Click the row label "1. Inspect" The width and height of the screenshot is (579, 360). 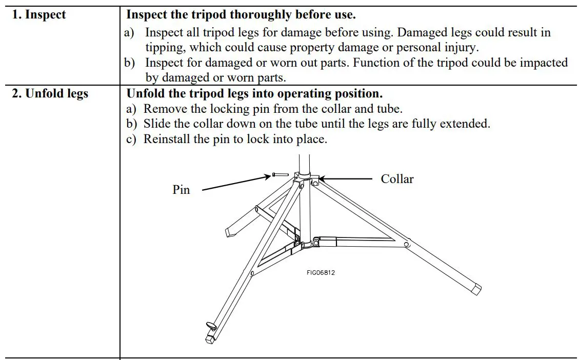point(39,15)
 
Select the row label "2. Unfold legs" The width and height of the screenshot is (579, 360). point(50,94)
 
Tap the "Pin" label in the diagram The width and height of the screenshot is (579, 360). point(181,190)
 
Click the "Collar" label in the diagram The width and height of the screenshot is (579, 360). point(397,179)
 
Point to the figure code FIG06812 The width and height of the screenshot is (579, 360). point(321,273)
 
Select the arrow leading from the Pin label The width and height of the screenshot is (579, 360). point(236,183)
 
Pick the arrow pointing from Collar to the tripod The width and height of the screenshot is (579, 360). point(346,179)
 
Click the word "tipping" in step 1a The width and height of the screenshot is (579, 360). point(165,47)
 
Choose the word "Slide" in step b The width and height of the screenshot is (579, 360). point(156,124)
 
